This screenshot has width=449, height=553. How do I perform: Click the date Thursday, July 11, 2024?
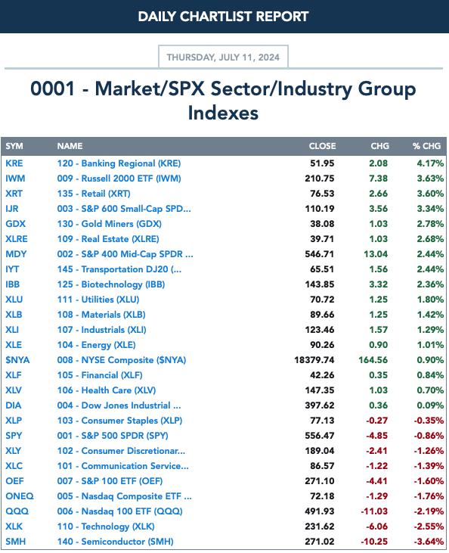point(223,57)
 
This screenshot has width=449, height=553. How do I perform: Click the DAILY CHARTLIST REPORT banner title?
point(223,16)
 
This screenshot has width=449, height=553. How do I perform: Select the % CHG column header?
point(426,146)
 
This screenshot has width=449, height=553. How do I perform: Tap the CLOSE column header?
point(322,146)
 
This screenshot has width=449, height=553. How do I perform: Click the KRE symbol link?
point(14,163)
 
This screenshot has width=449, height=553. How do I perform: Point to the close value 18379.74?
point(314,360)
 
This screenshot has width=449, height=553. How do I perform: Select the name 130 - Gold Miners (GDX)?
point(110,224)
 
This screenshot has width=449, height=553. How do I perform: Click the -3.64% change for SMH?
point(429,542)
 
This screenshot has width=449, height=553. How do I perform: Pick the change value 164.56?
point(373,360)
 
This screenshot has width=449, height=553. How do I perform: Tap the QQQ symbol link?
point(17,511)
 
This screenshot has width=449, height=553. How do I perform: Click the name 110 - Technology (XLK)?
point(106,527)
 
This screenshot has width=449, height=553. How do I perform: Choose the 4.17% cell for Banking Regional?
point(430,163)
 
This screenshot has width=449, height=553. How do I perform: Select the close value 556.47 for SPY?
point(320,436)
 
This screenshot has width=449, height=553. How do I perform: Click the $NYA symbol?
point(17,360)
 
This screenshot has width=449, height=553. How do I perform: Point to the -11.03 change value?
point(374,511)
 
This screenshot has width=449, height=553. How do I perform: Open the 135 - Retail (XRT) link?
point(94,194)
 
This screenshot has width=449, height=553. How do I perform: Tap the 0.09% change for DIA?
point(430,405)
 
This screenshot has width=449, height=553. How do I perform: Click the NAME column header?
point(70,146)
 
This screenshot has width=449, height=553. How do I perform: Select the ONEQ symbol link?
point(20,496)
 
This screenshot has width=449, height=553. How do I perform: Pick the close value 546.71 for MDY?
point(320,254)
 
